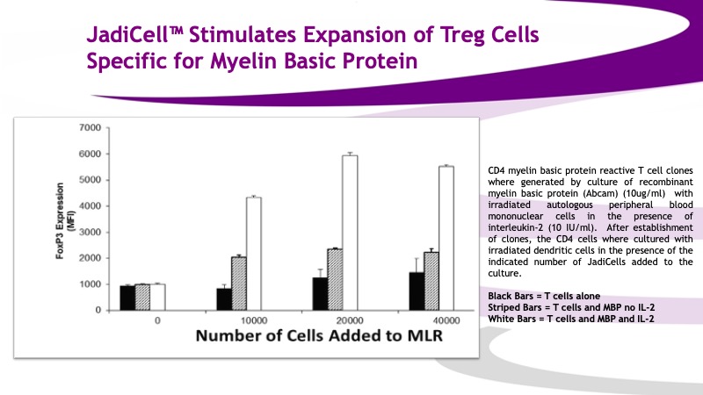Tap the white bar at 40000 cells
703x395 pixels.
[446, 238]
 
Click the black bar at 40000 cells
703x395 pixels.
[417, 291]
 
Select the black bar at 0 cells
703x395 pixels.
[127, 298]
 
